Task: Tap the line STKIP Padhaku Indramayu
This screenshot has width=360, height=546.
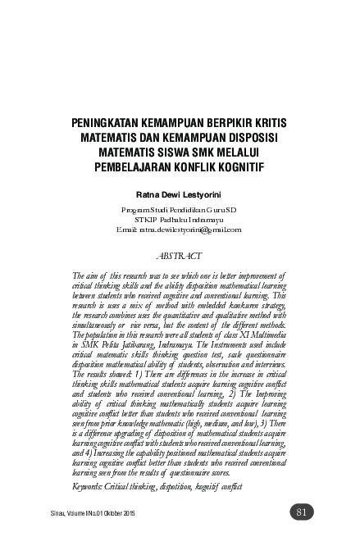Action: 180,220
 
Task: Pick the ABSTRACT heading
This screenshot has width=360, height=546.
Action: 180,255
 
